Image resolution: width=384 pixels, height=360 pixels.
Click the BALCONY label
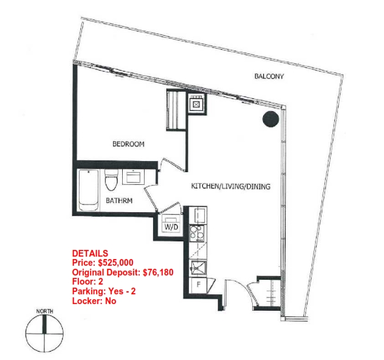click(269, 76)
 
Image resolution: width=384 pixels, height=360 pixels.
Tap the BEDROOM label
click(128, 144)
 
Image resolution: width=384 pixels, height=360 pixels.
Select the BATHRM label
click(119, 201)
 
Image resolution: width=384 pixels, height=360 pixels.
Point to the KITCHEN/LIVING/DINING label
click(231, 186)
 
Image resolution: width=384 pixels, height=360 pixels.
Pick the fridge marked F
click(199, 285)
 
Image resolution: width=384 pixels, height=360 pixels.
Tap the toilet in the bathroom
click(111, 179)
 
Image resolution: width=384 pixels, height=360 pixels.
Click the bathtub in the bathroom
click(89, 190)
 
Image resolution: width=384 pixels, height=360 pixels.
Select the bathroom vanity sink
click(133, 176)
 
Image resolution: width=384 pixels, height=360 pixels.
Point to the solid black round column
click(270, 119)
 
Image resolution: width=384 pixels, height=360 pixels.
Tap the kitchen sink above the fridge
click(199, 269)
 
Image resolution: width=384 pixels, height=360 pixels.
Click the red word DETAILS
click(90, 253)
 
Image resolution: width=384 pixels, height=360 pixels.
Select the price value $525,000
click(115, 263)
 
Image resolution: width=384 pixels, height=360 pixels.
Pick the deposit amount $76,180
click(158, 272)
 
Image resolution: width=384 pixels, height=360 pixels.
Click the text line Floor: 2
click(87, 282)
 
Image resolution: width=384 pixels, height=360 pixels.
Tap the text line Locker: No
click(94, 300)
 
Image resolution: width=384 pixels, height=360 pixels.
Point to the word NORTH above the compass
click(44, 311)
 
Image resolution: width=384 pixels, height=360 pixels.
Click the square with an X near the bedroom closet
click(196, 105)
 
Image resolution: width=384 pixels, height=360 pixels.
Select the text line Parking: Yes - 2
click(104, 291)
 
